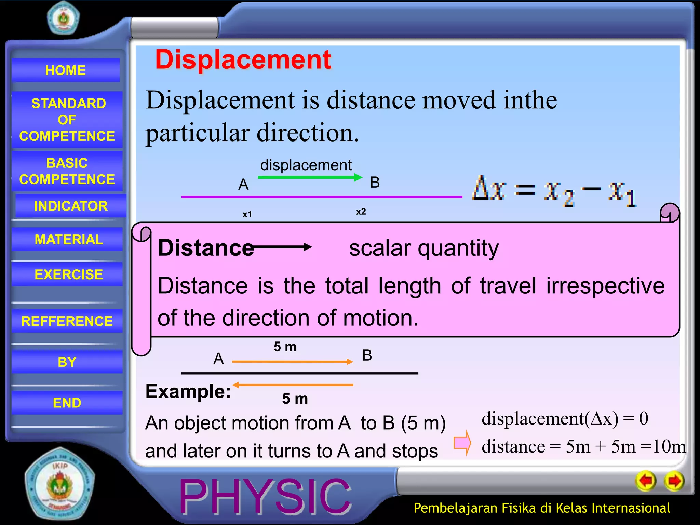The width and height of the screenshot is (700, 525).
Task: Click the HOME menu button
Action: [66, 70]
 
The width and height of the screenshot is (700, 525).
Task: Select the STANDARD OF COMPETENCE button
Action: [67, 120]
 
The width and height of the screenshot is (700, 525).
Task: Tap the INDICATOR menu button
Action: [71, 206]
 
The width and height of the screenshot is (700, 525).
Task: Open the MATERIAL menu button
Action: [68, 239]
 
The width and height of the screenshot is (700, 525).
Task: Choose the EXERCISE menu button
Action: [68, 274]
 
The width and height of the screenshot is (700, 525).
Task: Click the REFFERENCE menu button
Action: [67, 321]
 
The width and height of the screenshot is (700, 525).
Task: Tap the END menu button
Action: [67, 403]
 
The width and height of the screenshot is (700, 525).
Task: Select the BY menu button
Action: [67, 362]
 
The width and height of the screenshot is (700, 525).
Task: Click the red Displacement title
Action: [243, 59]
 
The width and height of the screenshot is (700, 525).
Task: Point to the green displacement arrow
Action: [309, 177]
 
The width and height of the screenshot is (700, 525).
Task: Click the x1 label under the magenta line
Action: [247, 214]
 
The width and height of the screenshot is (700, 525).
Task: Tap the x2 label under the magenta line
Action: [361, 212]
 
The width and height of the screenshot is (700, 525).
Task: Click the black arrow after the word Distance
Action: [282, 247]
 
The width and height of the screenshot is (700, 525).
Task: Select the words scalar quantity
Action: [424, 248]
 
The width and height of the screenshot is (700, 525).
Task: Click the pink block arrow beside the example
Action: [462, 443]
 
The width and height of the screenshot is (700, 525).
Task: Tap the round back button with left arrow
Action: [646, 481]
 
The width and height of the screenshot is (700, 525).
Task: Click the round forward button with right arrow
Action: [674, 481]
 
